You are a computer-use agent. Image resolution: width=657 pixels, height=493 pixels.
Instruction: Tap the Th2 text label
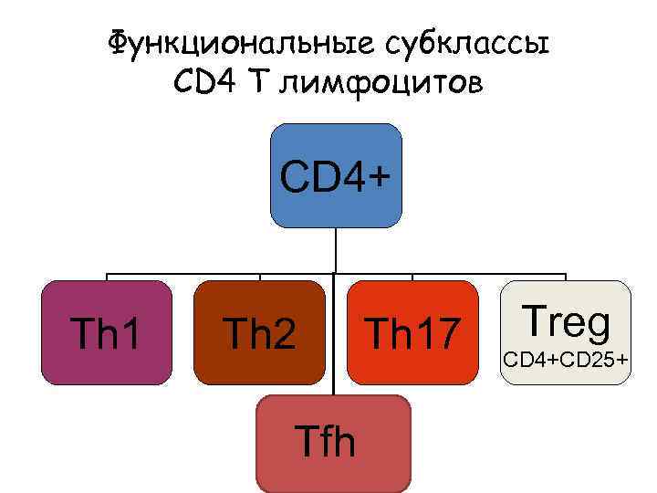click(260, 335)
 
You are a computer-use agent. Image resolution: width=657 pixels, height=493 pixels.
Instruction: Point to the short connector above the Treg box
click(566, 277)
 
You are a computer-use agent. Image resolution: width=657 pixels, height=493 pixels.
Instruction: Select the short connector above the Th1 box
click(108, 277)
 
